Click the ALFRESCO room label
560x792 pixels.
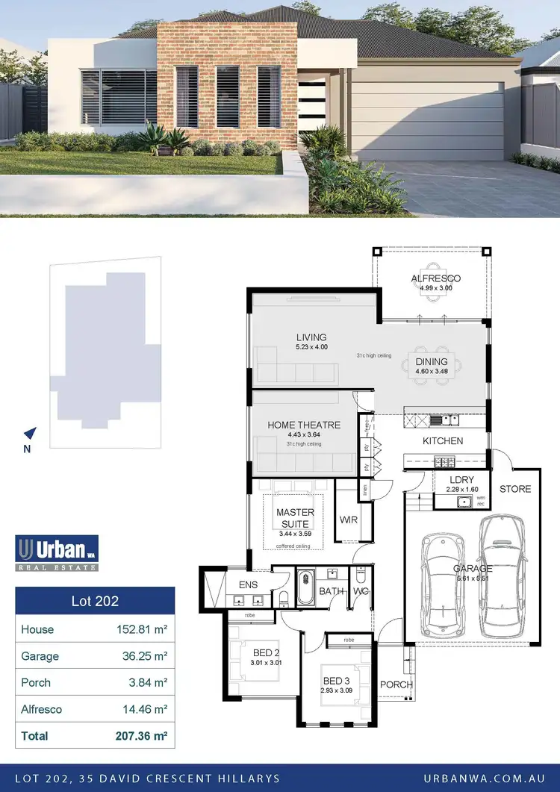(435, 278)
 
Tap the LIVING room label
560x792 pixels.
(311, 337)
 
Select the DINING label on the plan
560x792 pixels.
(432, 362)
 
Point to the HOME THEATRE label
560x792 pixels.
(304, 425)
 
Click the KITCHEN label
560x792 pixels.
(443, 441)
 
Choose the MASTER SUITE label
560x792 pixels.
(295, 518)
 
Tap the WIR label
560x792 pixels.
(347, 519)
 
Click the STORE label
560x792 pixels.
(515, 489)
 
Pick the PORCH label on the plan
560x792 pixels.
(396, 685)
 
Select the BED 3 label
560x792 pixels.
(336, 680)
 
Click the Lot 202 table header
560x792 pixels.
(95, 600)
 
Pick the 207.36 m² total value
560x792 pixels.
(140, 736)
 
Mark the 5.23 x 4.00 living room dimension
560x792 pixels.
(311, 347)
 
